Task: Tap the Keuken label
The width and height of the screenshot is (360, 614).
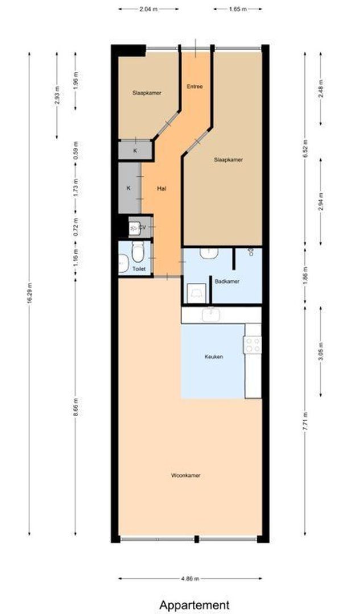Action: click(213, 357)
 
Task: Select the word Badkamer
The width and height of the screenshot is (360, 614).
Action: click(226, 280)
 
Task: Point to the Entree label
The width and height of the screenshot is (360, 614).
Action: click(195, 86)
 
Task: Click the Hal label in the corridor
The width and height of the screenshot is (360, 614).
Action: click(162, 188)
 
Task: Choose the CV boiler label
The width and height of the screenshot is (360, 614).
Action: click(142, 228)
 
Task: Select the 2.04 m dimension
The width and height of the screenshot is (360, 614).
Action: click(149, 9)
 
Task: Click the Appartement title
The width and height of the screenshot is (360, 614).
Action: click(194, 604)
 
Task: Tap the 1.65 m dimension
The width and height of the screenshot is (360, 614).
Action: click(238, 9)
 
